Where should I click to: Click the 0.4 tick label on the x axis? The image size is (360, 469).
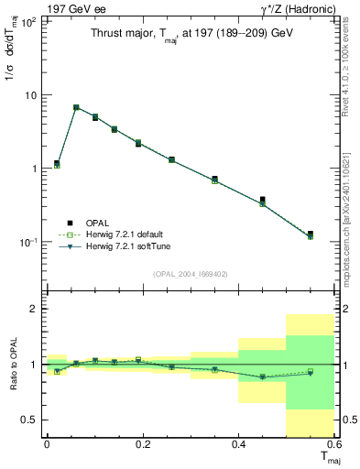[238, 445]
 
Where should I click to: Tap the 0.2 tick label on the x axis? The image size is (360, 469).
[142, 445]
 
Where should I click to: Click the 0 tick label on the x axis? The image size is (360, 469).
[47, 445]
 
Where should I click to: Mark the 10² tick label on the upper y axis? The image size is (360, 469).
[29, 22]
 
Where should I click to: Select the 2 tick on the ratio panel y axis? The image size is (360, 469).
[35, 310]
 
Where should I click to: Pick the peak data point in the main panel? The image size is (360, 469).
[76, 107]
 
